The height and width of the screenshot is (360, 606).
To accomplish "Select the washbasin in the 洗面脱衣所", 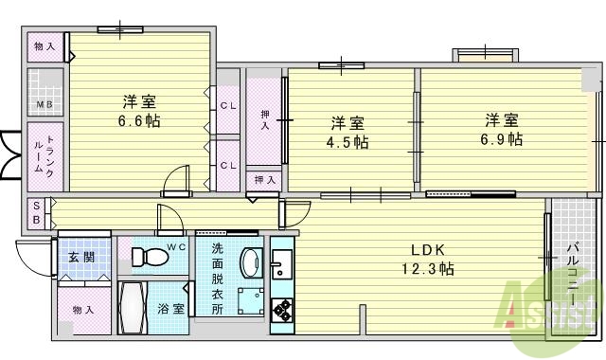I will pyautogui.click(x=251, y=262).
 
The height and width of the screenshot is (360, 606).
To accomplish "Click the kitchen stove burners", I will pyautogui.click(x=282, y=310).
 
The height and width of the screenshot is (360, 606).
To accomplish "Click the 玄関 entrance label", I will pyautogui.click(x=80, y=257).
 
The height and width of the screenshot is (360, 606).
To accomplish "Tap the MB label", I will pyautogui.click(x=44, y=104).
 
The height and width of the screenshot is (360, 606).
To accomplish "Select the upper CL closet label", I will pyautogui.click(x=227, y=105).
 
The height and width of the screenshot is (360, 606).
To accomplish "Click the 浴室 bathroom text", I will pyautogui.click(x=171, y=310).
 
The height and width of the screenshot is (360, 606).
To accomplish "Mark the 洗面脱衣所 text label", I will pyautogui.click(x=217, y=279).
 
